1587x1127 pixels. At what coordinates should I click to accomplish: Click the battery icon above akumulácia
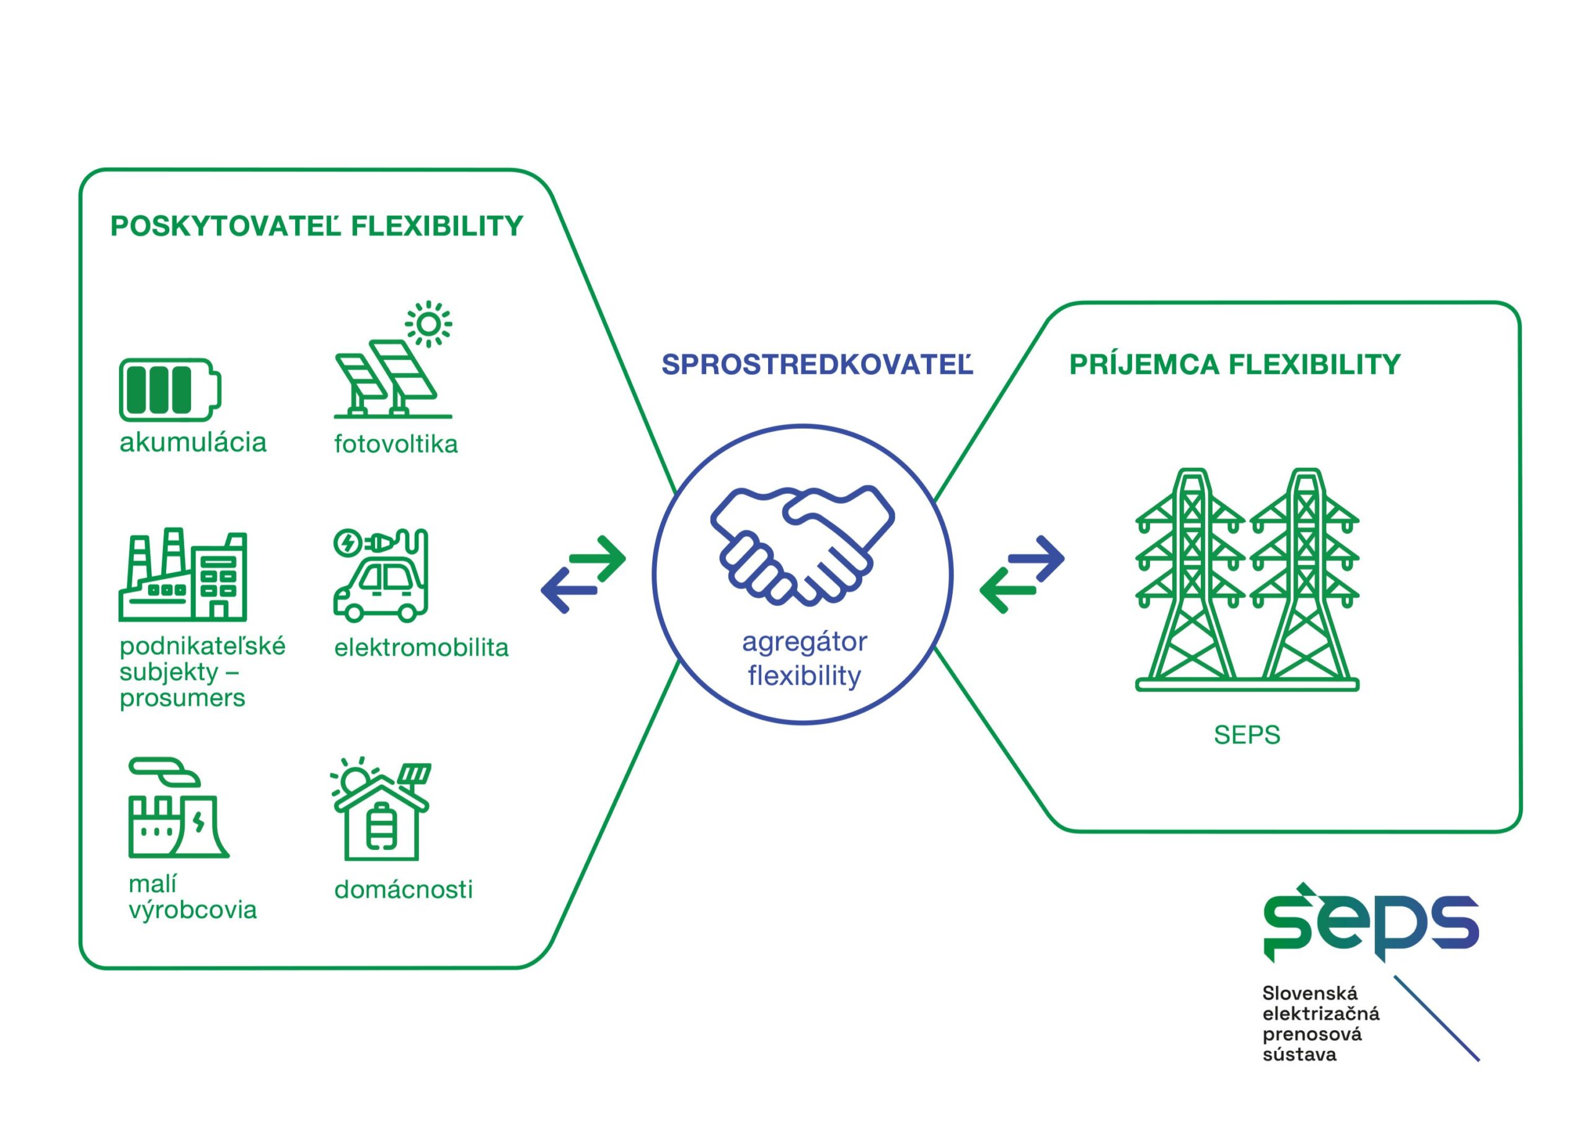[x=170, y=389]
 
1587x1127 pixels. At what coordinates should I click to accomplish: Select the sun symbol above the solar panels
[x=428, y=324]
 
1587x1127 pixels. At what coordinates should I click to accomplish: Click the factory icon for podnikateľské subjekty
[x=183, y=574]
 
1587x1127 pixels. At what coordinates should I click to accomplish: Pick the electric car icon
[x=381, y=574]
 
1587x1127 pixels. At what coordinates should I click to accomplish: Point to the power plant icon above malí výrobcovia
[x=179, y=808]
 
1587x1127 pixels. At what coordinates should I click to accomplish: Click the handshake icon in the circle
[x=803, y=544]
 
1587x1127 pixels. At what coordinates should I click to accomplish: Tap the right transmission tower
[x=1304, y=576]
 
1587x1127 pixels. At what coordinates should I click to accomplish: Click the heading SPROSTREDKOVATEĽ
[x=817, y=364]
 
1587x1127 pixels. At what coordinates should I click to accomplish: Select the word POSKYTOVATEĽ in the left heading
[x=226, y=226]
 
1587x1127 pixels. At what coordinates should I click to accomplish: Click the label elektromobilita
[x=422, y=647]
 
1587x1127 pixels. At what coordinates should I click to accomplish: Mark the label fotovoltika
[x=396, y=444]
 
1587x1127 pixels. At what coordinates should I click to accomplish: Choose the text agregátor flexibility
[x=805, y=659]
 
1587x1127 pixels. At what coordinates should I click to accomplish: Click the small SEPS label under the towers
[x=1247, y=735]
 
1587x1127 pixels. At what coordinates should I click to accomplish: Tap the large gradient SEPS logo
[x=1371, y=923]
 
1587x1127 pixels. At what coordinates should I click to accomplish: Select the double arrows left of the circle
[x=583, y=574]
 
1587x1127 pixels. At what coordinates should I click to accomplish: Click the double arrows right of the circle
[x=1022, y=574]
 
